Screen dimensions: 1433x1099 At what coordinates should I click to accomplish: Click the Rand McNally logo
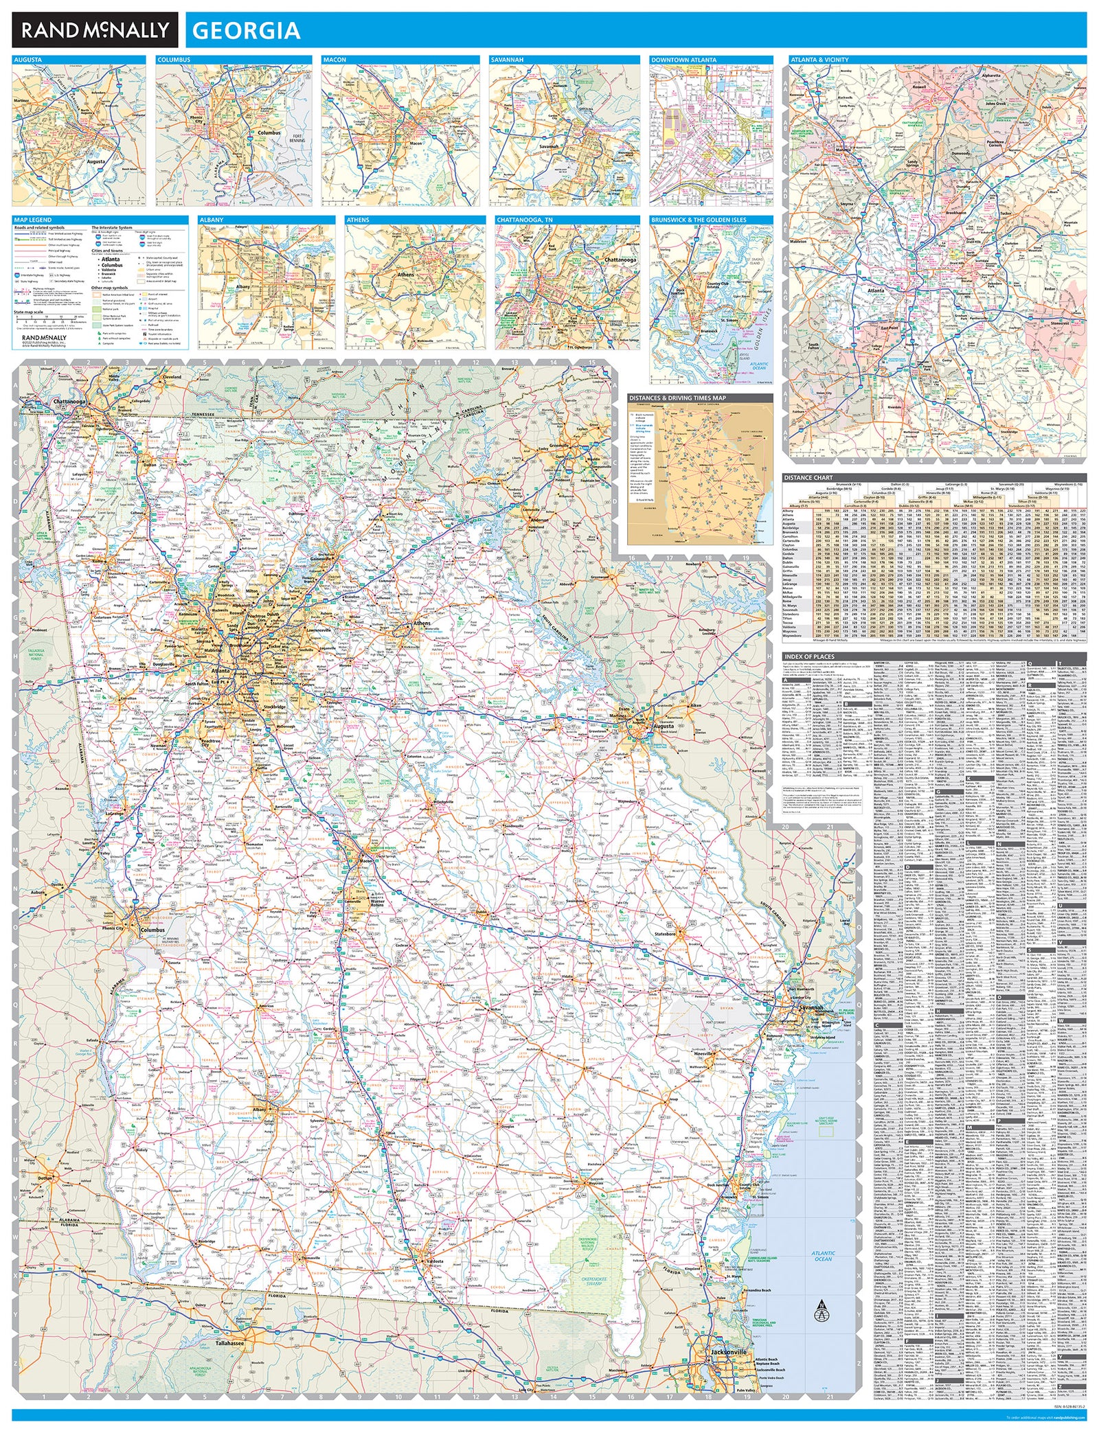pyautogui.click(x=95, y=30)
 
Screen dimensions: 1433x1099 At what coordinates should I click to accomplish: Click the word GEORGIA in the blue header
pyautogui.click(x=246, y=31)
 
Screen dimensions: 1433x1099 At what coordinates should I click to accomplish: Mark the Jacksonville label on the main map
pyautogui.click(x=729, y=1351)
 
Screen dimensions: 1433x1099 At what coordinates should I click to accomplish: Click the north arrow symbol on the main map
pyautogui.click(x=819, y=1310)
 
